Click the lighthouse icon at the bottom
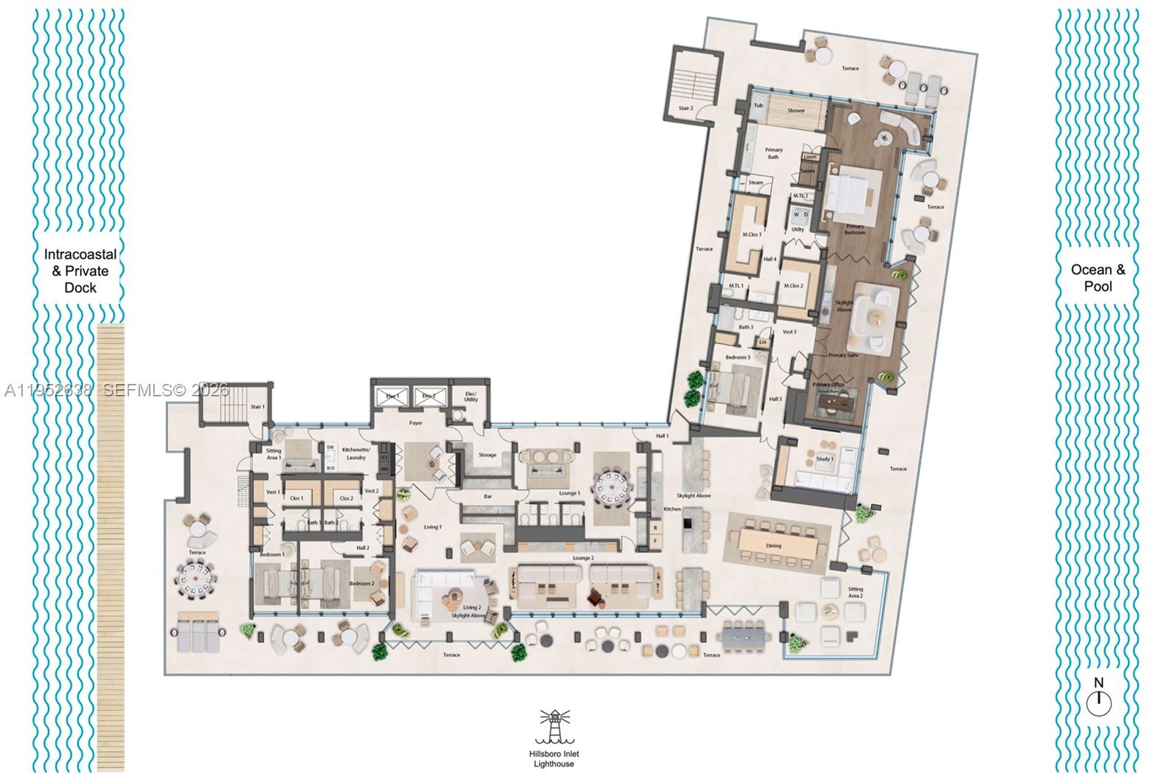click(555, 726)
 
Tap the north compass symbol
click(1098, 703)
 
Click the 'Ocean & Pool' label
click(1097, 278)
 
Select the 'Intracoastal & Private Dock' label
click(80, 271)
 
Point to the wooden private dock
click(110, 513)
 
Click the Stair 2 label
click(685, 108)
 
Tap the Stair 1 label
click(257, 407)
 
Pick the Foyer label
click(416, 423)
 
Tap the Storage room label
click(488, 455)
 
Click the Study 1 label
click(824, 459)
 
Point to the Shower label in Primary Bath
click(796, 111)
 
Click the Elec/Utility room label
click(471, 397)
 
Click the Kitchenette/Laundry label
click(356, 453)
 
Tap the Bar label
click(488, 497)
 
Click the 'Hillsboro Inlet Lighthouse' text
click(555, 759)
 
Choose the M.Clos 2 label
click(793, 286)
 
